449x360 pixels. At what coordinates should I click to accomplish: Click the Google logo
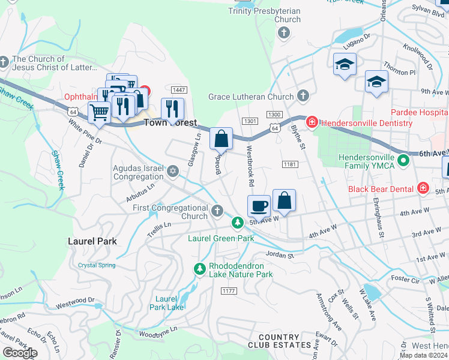tap(19, 353)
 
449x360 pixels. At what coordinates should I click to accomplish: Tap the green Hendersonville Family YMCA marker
tap(403, 161)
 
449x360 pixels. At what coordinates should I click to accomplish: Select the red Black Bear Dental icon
tap(423, 189)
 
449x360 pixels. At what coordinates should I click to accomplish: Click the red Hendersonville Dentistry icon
tap(312, 123)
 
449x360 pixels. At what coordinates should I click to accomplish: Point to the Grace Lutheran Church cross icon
tap(303, 96)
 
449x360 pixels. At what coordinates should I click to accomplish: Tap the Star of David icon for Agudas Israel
tap(173, 172)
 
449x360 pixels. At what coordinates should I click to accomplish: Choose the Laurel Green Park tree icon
tap(238, 223)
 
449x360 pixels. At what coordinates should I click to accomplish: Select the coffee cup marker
tap(259, 206)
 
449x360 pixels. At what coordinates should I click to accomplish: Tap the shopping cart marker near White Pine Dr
tap(99, 112)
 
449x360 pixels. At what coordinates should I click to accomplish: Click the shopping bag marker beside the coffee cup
tap(285, 201)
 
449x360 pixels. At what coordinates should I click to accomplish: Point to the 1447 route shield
tap(178, 90)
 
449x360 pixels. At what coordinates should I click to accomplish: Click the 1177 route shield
tap(228, 291)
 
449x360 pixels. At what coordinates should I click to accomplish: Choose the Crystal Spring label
tap(97, 265)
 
